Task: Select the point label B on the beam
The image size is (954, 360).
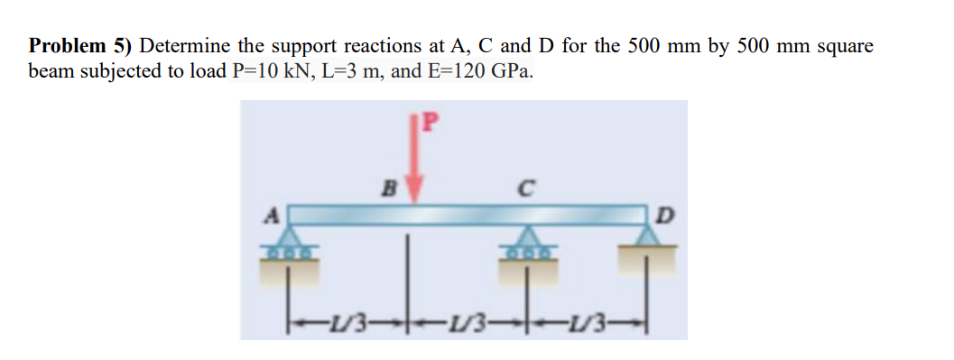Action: tap(391, 189)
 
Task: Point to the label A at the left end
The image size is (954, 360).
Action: tap(268, 216)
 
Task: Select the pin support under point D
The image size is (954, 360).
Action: tap(647, 237)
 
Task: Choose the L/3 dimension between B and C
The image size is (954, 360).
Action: tap(467, 321)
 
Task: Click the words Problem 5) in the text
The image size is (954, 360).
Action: tap(80, 47)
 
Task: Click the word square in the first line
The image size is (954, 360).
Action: tap(847, 47)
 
